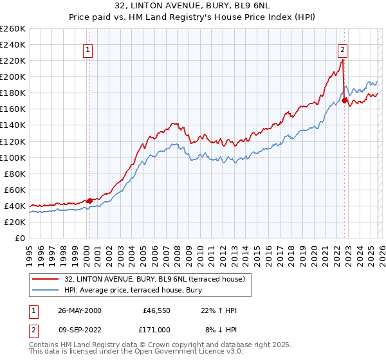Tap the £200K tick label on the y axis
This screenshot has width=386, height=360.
click(x=13, y=76)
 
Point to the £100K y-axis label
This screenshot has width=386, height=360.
click(x=13, y=157)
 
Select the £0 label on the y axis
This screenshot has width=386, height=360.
click(x=21, y=238)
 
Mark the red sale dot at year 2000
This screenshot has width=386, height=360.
click(x=89, y=201)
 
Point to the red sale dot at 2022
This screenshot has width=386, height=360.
click(x=345, y=100)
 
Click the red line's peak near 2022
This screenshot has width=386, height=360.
click(x=343, y=60)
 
